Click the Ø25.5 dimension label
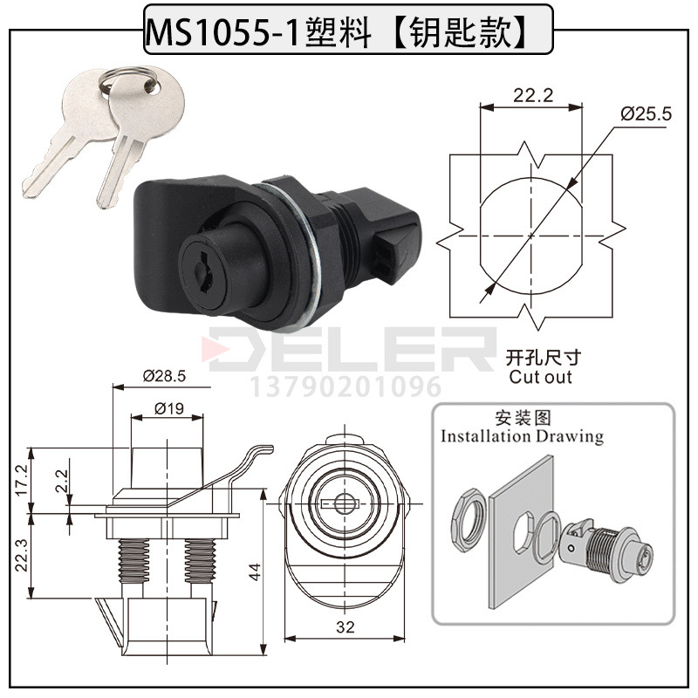(x=646, y=114)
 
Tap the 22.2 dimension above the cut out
(x=533, y=95)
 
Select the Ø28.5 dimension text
(x=164, y=376)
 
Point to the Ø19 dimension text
(x=169, y=408)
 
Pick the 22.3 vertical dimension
(x=22, y=555)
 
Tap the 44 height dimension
(x=254, y=571)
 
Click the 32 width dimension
(x=346, y=627)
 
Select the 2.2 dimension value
(x=61, y=481)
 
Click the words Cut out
(x=540, y=377)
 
